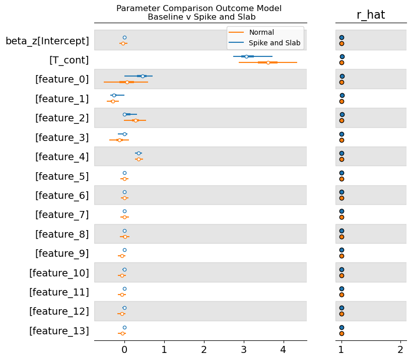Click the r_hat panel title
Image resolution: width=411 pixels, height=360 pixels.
tap(371, 15)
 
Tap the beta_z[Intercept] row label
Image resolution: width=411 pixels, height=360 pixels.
tap(47, 40)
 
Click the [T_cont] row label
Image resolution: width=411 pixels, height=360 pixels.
tap(69, 60)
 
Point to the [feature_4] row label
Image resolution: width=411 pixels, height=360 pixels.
tap(62, 157)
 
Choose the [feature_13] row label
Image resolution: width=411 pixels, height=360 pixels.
tap(59, 331)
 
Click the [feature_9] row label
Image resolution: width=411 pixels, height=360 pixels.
tap(62, 253)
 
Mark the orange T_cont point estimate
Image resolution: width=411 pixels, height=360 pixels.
tap(268, 62)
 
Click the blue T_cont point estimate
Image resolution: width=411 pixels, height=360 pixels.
tap(246, 56)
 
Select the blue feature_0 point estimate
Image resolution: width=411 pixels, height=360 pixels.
tap(143, 76)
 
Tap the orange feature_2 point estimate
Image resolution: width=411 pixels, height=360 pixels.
tap(135, 120)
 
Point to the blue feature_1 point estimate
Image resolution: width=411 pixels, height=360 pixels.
tap(114, 95)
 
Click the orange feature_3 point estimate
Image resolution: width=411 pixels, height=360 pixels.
tap(119, 140)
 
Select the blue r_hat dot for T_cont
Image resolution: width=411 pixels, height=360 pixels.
tap(342, 57)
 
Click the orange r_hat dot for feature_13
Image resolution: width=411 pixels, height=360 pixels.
tap(341, 333)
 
